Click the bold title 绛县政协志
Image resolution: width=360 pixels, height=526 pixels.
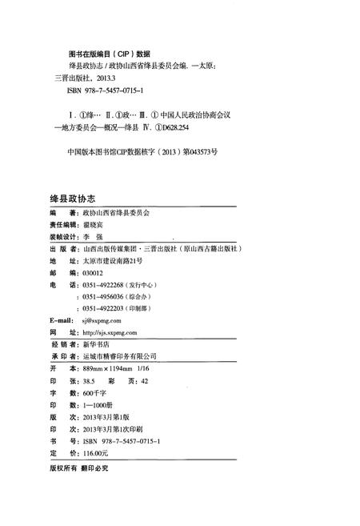pyautogui.click(x=68, y=197)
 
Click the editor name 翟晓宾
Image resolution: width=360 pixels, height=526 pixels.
pyautogui.click(x=94, y=226)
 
